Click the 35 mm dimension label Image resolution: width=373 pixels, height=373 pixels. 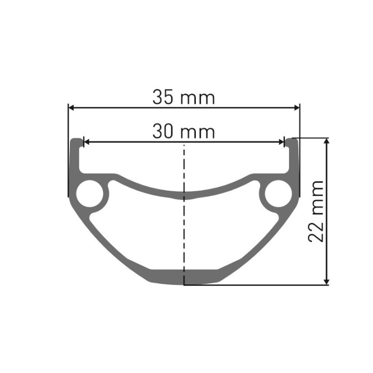183,97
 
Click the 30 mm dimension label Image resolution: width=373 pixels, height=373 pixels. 183,131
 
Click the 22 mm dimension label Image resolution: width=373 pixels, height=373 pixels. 316,211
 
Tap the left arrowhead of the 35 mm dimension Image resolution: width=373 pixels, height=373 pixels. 71,108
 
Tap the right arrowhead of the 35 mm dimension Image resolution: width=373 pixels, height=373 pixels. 297,108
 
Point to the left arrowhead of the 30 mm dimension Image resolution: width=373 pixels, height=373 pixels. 87,142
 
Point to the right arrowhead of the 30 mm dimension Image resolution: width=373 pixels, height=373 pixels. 281,142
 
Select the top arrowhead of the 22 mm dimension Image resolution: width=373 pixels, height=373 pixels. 327,141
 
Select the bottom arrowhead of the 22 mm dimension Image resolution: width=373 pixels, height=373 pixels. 327,282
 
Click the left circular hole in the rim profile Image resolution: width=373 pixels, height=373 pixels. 90,193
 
